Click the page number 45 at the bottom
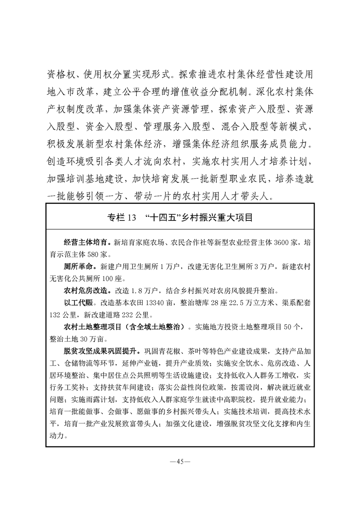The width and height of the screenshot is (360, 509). click(180, 462)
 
